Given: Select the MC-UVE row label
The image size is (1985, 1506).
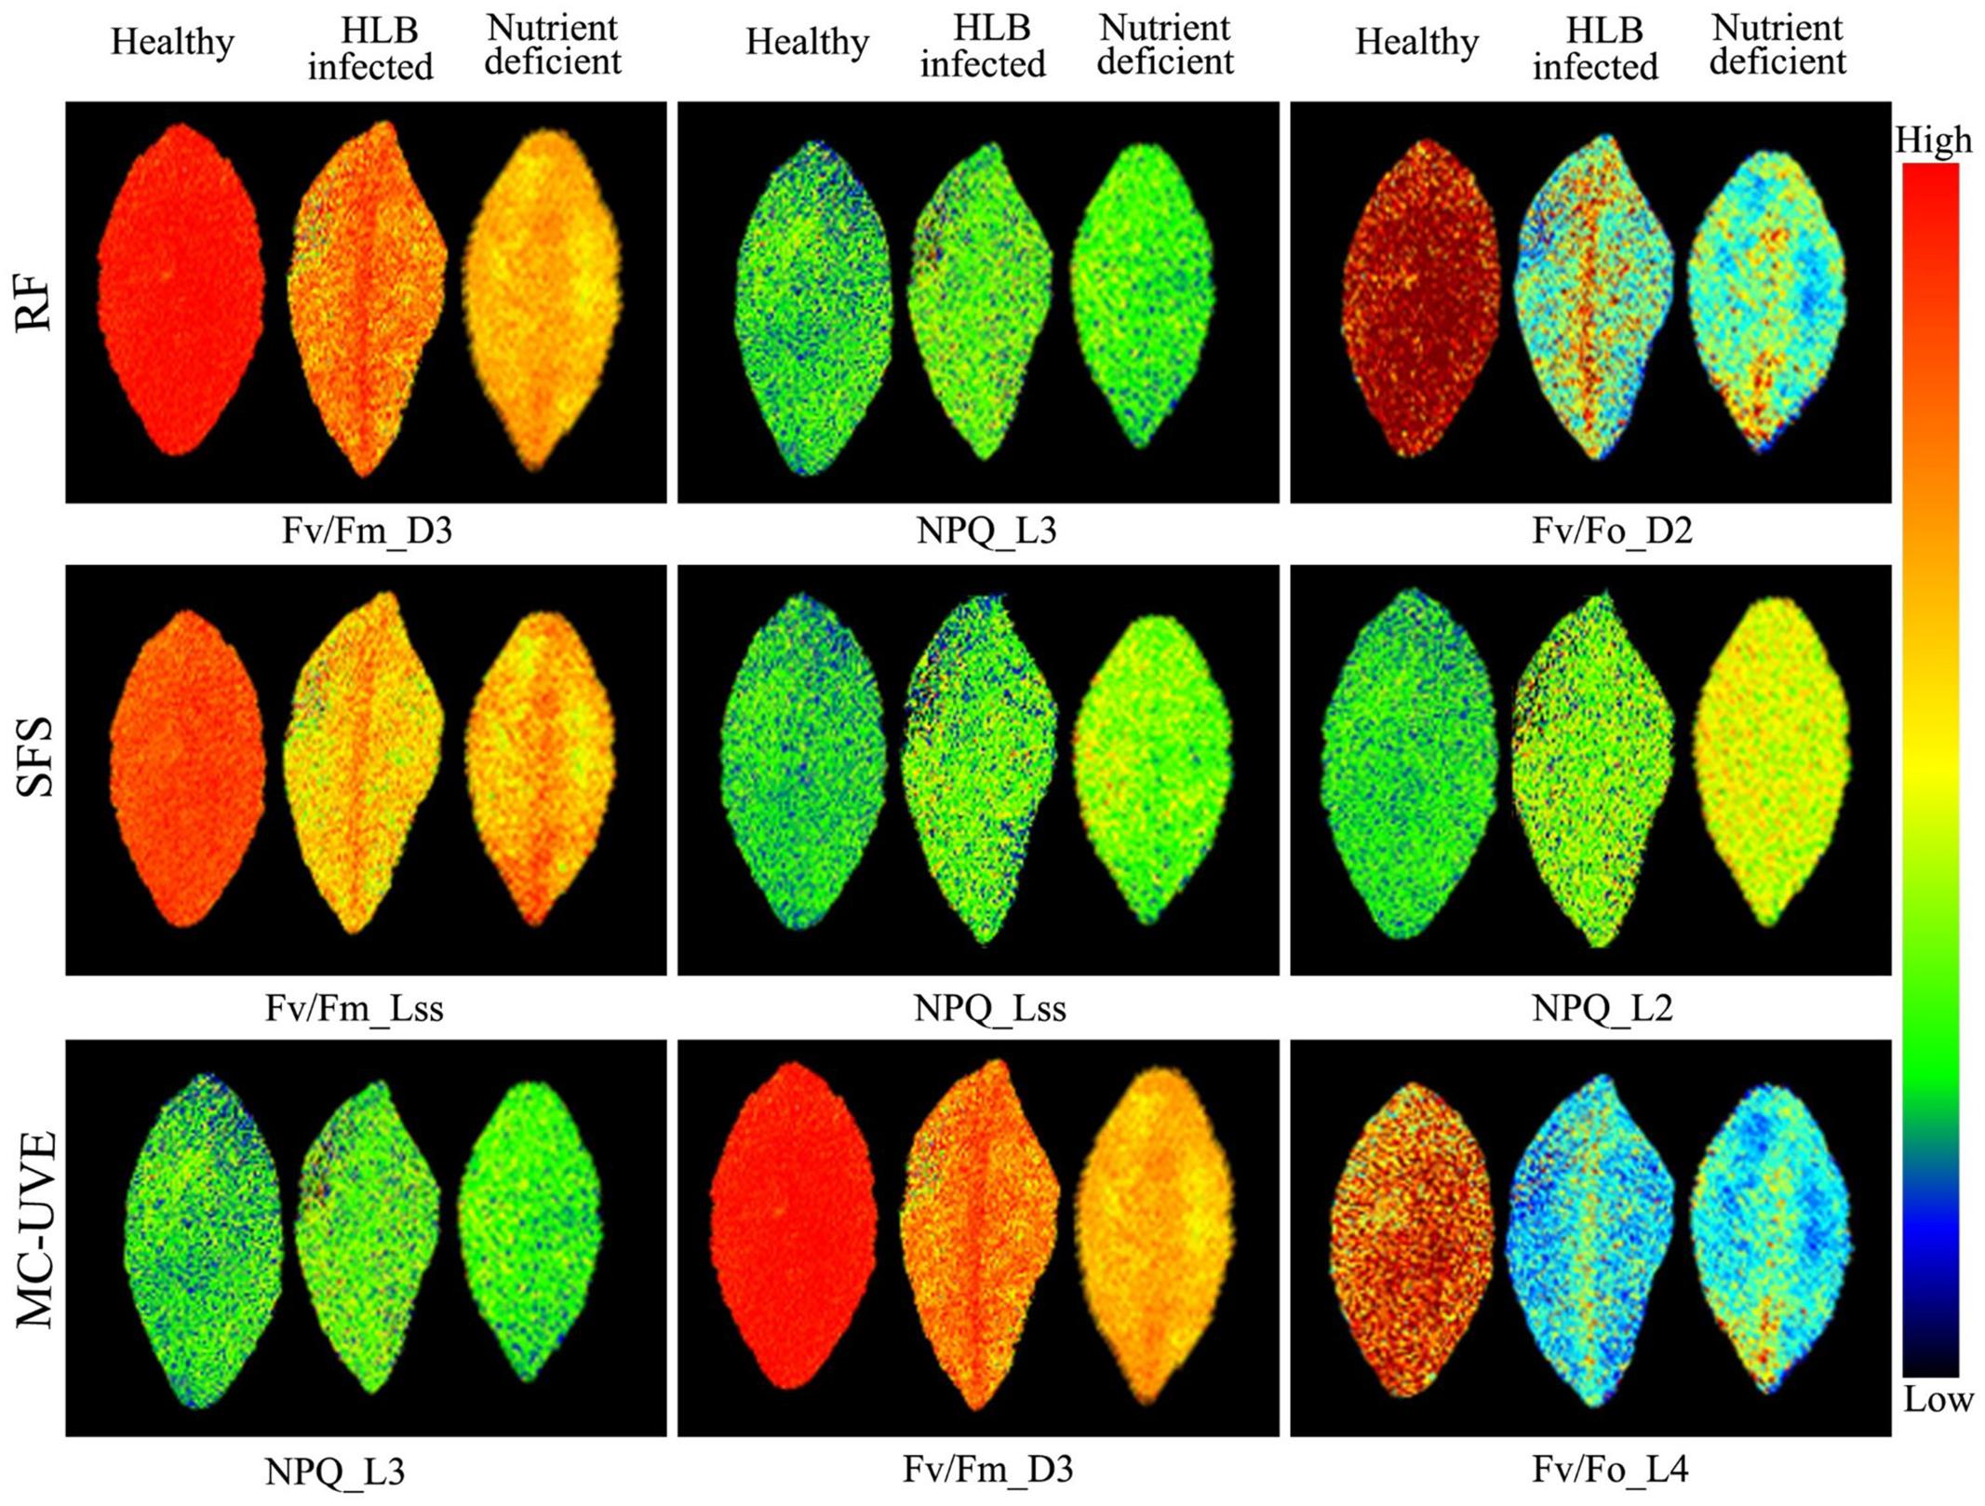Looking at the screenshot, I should point(37,1229).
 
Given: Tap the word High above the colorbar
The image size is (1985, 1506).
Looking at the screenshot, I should point(1934,141).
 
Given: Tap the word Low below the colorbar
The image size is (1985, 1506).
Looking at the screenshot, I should point(1938,1399).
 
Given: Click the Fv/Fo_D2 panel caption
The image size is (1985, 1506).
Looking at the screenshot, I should point(1612,531).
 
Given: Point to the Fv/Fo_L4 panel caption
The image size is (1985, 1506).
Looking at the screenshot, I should point(1610,1469).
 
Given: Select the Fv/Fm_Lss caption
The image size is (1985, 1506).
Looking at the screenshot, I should point(354,1008).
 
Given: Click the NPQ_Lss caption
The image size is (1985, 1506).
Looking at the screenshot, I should point(989,1008).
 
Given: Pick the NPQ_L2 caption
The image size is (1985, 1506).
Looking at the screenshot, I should point(1602,1008).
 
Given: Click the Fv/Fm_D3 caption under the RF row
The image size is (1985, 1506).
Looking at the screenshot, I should point(367,531).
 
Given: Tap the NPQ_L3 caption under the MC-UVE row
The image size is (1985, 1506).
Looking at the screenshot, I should point(334,1472).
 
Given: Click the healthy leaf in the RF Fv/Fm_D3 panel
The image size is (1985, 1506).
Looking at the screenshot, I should point(180,290).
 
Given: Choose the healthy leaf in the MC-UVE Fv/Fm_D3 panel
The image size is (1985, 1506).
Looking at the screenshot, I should point(792,1225).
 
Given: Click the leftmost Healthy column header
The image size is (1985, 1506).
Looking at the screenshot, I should point(172,43).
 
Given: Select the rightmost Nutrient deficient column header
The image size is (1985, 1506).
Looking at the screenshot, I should point(1777,46).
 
